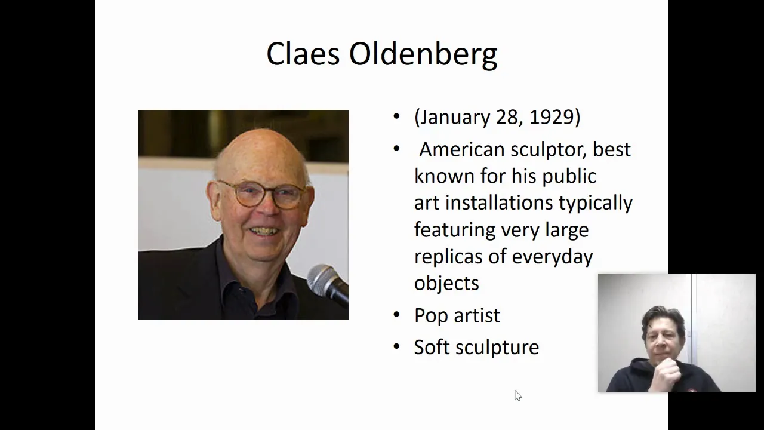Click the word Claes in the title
point(303,54)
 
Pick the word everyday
point(552,257)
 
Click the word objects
point(447,283)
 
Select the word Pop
point(431,315)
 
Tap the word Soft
point(432,347)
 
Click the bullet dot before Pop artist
point(396,314)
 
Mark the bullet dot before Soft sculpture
point(396,346)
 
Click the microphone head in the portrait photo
point(322,279)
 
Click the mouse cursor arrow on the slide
point(518,395)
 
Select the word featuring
point(455,230)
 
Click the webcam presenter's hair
point(663,316)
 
